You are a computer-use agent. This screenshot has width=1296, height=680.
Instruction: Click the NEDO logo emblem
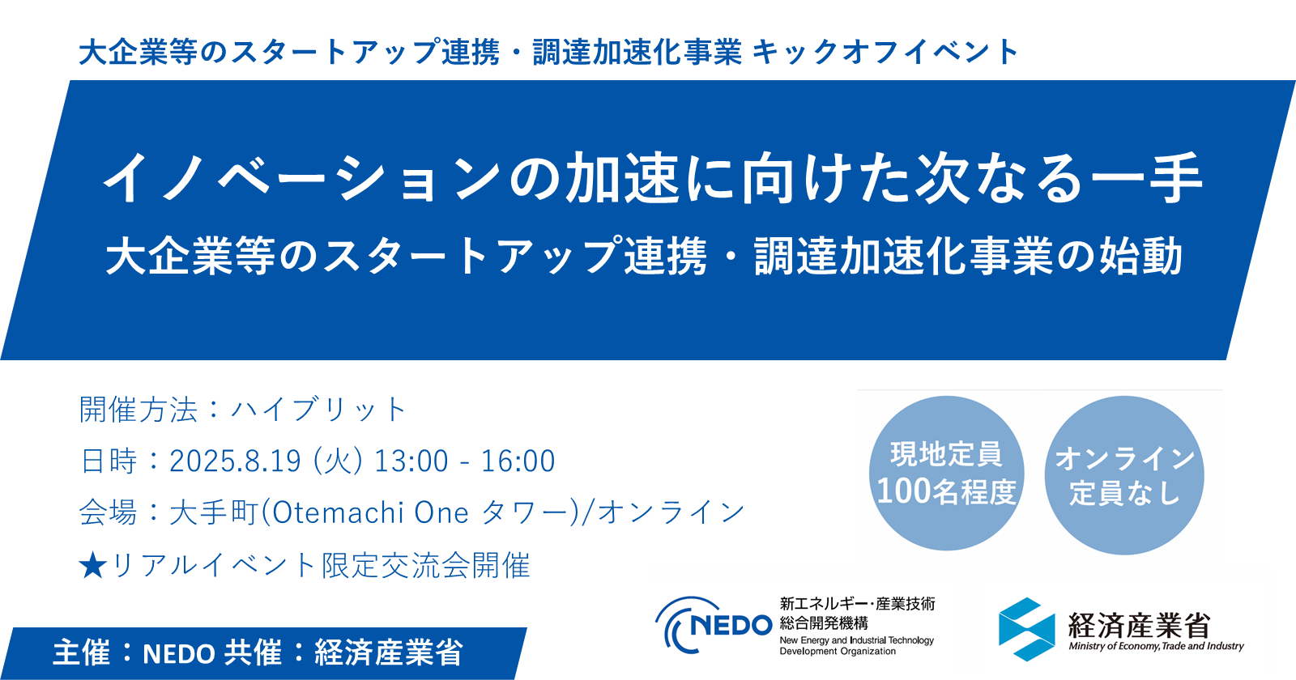point(713,624)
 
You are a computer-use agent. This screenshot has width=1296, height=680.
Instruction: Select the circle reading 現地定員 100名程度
point(946,474)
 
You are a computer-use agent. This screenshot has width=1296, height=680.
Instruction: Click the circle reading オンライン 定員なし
point(1124,475)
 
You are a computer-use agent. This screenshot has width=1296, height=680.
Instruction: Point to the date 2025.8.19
point(235,461)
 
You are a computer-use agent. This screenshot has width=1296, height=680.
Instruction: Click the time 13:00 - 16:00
point(464,461)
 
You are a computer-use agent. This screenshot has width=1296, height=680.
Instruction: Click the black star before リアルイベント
point(92,566)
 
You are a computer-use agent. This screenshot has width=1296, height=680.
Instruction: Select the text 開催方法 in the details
point(138,410)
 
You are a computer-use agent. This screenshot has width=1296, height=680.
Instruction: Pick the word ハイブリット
point(318,410)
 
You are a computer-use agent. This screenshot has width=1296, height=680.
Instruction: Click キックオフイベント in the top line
point(885,53)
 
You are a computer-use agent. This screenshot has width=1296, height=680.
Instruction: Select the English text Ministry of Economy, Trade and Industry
point(1156,646)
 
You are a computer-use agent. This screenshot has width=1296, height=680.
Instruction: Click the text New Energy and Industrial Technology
point(856,640)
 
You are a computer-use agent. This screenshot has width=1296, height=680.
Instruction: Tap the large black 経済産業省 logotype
point(1138,624)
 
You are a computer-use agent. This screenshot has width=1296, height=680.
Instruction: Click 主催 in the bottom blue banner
point(81,652)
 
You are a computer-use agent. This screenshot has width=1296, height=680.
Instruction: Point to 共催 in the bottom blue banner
point(253,652)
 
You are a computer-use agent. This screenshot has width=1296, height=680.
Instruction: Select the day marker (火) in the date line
point(337,461)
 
